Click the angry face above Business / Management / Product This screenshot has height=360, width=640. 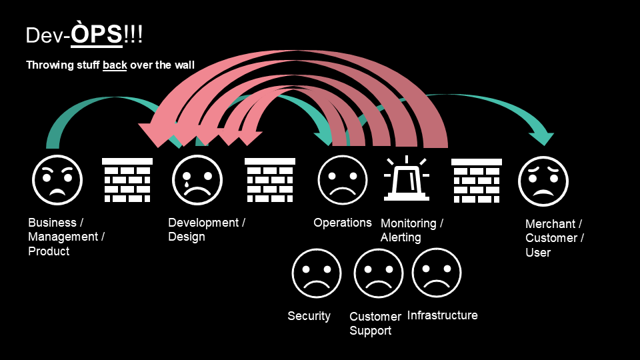click(x=57, y=180)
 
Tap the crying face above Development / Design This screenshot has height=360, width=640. click(x=197, y=180)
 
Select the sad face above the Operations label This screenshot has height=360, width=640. click(x=342, y=180)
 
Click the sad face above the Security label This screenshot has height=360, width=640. click(x=317, y=273)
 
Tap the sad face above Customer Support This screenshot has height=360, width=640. click(x=379, y=273)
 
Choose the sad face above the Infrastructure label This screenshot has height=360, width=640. click(x=437, y=273)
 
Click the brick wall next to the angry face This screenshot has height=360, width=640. click(x=127, y=180)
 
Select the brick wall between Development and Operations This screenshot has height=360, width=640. click(x=270, y=180)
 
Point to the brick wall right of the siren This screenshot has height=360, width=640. click(x=477, y=180)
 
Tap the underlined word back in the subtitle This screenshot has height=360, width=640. click(x=115, y=65)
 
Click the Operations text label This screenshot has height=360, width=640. click(x=343, y=223)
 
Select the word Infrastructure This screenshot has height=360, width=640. click(x=442, y=315)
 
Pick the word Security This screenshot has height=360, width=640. click(x=309, y=316)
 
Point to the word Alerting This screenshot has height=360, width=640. click(x=401, y=237)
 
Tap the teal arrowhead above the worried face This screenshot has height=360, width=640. click(x=541, y=138)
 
